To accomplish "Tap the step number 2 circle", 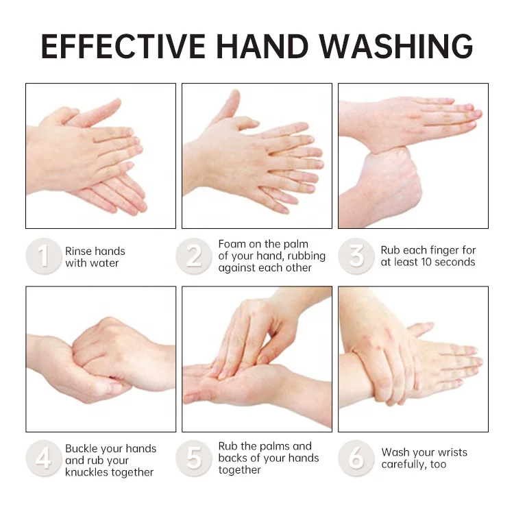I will pyautogui.click(x=194, y=256).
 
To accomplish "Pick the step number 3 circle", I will pyautogui.click(x=356, y=256).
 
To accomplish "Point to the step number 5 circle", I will pyautogui.click(x=194, y=458).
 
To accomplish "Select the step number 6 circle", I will pyautogui.click(x=356, y=458).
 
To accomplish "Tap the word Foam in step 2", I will pyautogui.click(x=232, y=244).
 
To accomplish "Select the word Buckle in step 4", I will pyautogui.click(x=82, y=449).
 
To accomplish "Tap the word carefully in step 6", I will pyautogui.click(x=404, y=465).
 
